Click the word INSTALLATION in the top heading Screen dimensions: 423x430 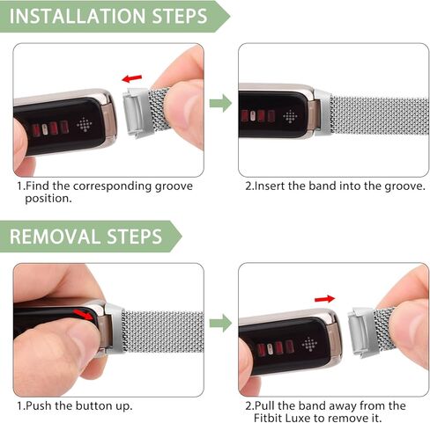pos(78,16)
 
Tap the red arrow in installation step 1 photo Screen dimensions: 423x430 pos(132,79)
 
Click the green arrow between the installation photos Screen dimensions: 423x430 pos(220,104)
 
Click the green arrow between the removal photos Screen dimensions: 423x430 pos(220,324)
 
